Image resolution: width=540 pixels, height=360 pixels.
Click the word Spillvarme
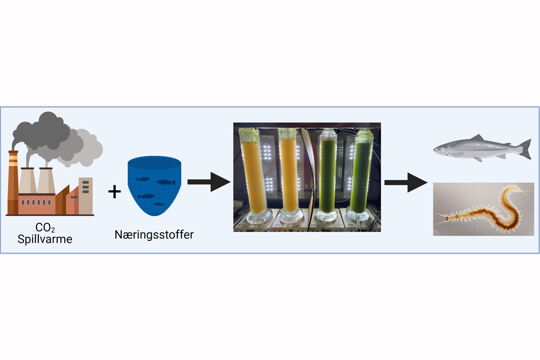pyautogui.click(x=45, y=239)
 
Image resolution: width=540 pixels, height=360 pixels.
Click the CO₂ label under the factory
pyautogui.click(x=45, y=228)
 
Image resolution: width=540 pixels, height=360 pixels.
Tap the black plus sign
pyautogui.click(x=115, y=192)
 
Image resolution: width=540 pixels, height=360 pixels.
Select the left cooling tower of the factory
pyautogui.click(x=27, y=182)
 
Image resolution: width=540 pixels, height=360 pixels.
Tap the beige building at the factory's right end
pyautogui.click(x=85, y=196)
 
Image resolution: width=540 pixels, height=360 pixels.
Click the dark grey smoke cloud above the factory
pyautogui.click(x=43, y=130)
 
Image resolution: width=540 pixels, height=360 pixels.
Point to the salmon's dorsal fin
pyautogui.click(x=476, y=138)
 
